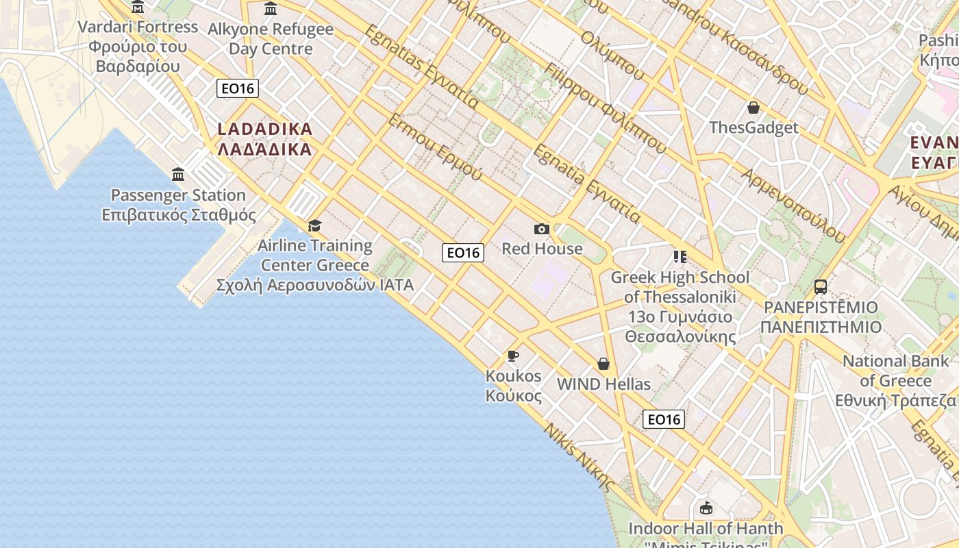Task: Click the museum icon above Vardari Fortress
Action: click(x=138, y=8)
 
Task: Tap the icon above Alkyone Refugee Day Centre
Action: click(x=271, y=9)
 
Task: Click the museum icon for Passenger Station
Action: click(x=178, y=174)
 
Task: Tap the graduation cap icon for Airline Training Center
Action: click(x=314, y=225)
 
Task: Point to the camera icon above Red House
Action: click(x=542, y=229)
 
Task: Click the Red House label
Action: click(x=542, y=249)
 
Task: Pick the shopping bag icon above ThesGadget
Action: click(x=754, y=108)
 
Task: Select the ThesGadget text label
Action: click(x=754, y=127)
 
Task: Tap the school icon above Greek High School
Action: click(x=680, y=257)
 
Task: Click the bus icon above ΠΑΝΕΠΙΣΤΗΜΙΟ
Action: click(x=821, y=287)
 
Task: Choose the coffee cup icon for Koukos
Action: click(x=512, y=356)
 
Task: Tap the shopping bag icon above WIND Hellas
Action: click(x=603, y=364)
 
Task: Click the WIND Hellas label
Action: click(x=603, y=384)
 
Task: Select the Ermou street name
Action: click(x=436, y=147)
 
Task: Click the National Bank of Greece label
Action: click(x=896, y=381)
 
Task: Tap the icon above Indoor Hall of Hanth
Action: click(x=706, y=508)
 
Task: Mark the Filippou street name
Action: click(x=606, y=108)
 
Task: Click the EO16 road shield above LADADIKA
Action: click(x=238, y=88)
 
